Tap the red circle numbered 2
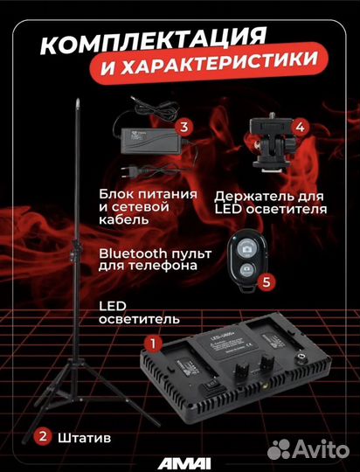(41, 434)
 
